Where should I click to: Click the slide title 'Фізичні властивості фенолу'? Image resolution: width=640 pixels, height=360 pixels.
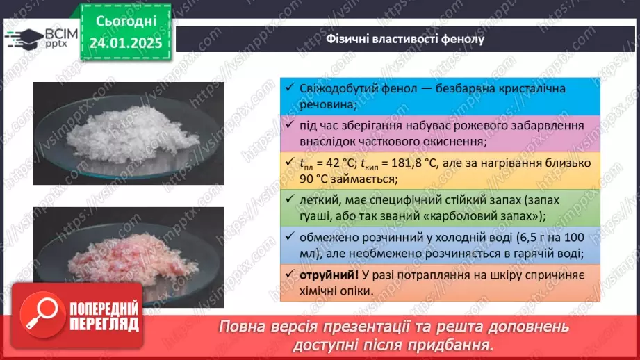pos(405,39)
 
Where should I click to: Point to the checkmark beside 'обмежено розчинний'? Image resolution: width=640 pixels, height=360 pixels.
pos(290,237)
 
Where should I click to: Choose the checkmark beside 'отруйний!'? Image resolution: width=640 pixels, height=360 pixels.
pos(290,275)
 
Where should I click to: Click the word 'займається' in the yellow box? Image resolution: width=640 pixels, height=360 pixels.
pos(362,178)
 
